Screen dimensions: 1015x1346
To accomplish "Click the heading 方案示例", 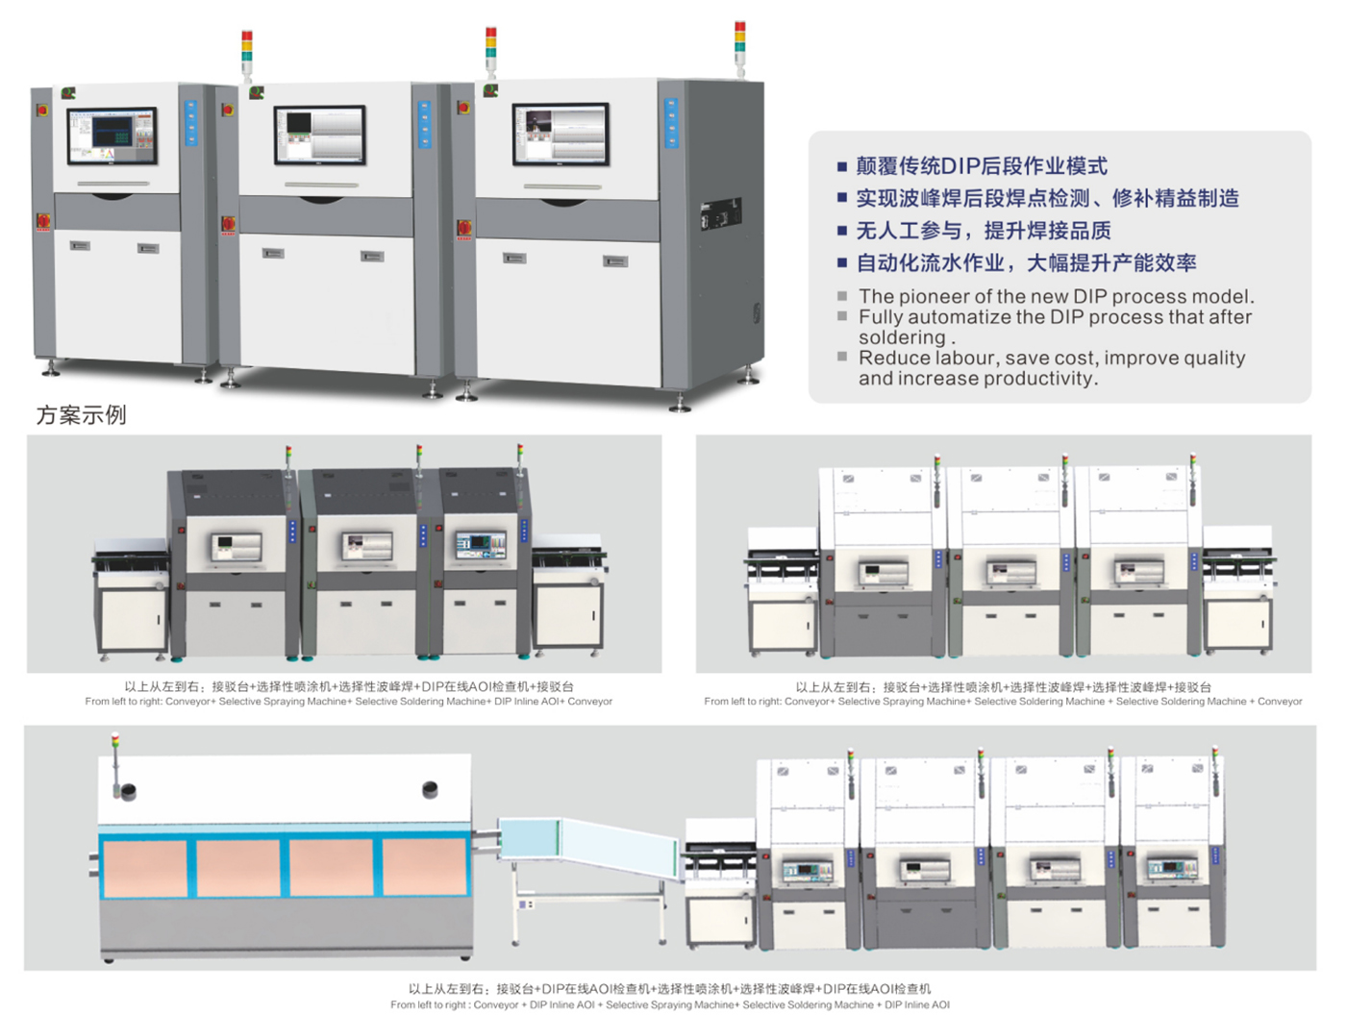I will point(81,415).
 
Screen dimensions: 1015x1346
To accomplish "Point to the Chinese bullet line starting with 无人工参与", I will point(983,231).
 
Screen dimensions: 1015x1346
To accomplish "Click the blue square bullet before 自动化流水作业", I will point(842,262).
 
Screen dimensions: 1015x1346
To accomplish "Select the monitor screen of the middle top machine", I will point(320,135).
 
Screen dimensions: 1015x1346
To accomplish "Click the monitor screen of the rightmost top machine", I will point(561,134).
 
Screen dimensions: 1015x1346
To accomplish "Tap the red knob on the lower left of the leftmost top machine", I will point(43,221).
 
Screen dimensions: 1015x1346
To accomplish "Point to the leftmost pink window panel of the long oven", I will point(144,868).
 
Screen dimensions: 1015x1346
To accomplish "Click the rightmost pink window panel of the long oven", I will point(424,868).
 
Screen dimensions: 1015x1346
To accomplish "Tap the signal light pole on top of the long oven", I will point(115,764).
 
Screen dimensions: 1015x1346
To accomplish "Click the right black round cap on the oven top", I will point(431,789).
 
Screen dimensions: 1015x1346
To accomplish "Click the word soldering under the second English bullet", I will point(903,337).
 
